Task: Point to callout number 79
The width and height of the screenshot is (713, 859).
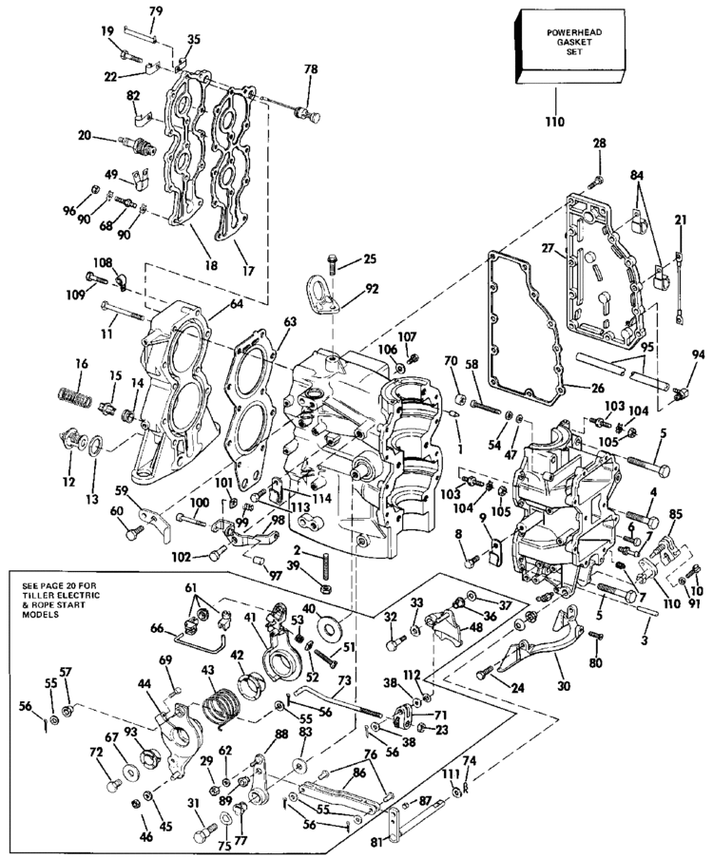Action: [x=156, y=10]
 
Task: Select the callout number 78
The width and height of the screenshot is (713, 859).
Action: [x=310, y=70]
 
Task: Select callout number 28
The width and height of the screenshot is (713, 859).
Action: [x=599, y=143]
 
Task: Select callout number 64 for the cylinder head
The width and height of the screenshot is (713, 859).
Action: [x=235, y=304]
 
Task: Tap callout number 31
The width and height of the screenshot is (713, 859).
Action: [x=195, y=804]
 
